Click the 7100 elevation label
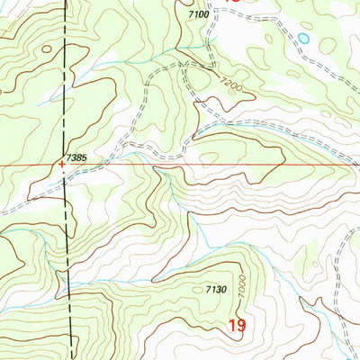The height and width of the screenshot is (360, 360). [x=199, y=15]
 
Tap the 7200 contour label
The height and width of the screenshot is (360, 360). [x=229, y=82]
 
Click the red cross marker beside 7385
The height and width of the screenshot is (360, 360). [x=61, y=165]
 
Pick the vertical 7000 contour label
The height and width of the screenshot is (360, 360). [x=242, y=287]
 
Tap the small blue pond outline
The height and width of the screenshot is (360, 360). [x=304, y=39]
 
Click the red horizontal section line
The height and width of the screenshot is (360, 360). [x=270, y=166]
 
